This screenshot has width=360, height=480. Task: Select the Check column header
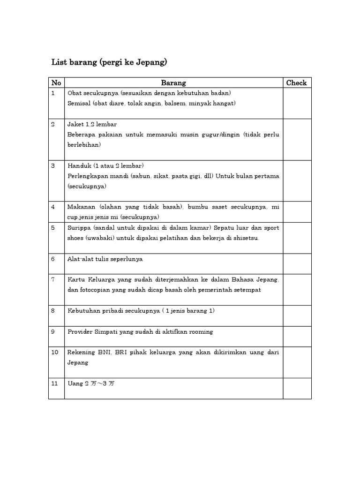click(x=296, y=83)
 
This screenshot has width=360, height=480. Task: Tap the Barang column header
click(x=173, y=83)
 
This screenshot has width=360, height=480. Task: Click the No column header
click(x=56, y=83)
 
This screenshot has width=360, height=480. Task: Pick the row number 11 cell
click(x=56, y=388)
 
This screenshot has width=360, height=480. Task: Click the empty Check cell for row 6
click(x=297, y=263)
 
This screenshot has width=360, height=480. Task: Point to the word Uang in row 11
click(x=75, y=383)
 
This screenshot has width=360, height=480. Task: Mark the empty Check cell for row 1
click(x=297, y=103)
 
